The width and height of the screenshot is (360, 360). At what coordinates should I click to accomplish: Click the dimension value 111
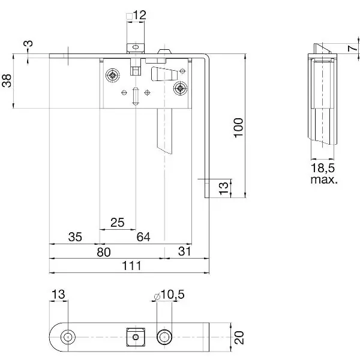[131, 266]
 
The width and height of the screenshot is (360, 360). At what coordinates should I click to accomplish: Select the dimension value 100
[238, 128]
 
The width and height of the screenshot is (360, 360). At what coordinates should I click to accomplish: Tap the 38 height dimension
[7, 80]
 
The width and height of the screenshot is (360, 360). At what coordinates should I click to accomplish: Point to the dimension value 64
[143, 237]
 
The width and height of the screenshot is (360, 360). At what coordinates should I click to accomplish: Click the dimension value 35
[75, 237]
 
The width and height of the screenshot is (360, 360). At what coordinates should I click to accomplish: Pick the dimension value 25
[118, 222]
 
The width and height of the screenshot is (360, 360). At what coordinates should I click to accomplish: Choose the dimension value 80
[104, 252]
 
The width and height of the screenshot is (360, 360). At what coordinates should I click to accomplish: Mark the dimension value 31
[184, 251]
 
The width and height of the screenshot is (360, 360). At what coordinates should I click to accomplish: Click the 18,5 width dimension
[323, 168]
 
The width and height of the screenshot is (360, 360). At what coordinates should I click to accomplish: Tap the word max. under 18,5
[324, 179]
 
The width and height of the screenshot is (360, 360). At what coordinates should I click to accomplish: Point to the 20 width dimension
[239, 337]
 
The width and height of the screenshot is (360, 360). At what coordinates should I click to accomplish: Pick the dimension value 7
[352, 48]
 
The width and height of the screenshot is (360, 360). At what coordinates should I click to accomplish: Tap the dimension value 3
[29, 43]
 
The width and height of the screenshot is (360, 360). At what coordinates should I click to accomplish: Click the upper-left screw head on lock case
[113, 75]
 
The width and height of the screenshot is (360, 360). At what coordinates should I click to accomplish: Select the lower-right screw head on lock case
[180, 88]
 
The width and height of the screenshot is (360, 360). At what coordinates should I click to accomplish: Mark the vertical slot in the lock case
[136, 96]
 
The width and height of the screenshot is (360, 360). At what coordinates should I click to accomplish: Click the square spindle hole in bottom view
[136, 337]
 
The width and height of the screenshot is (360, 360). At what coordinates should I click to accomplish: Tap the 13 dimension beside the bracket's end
[224, 188]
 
